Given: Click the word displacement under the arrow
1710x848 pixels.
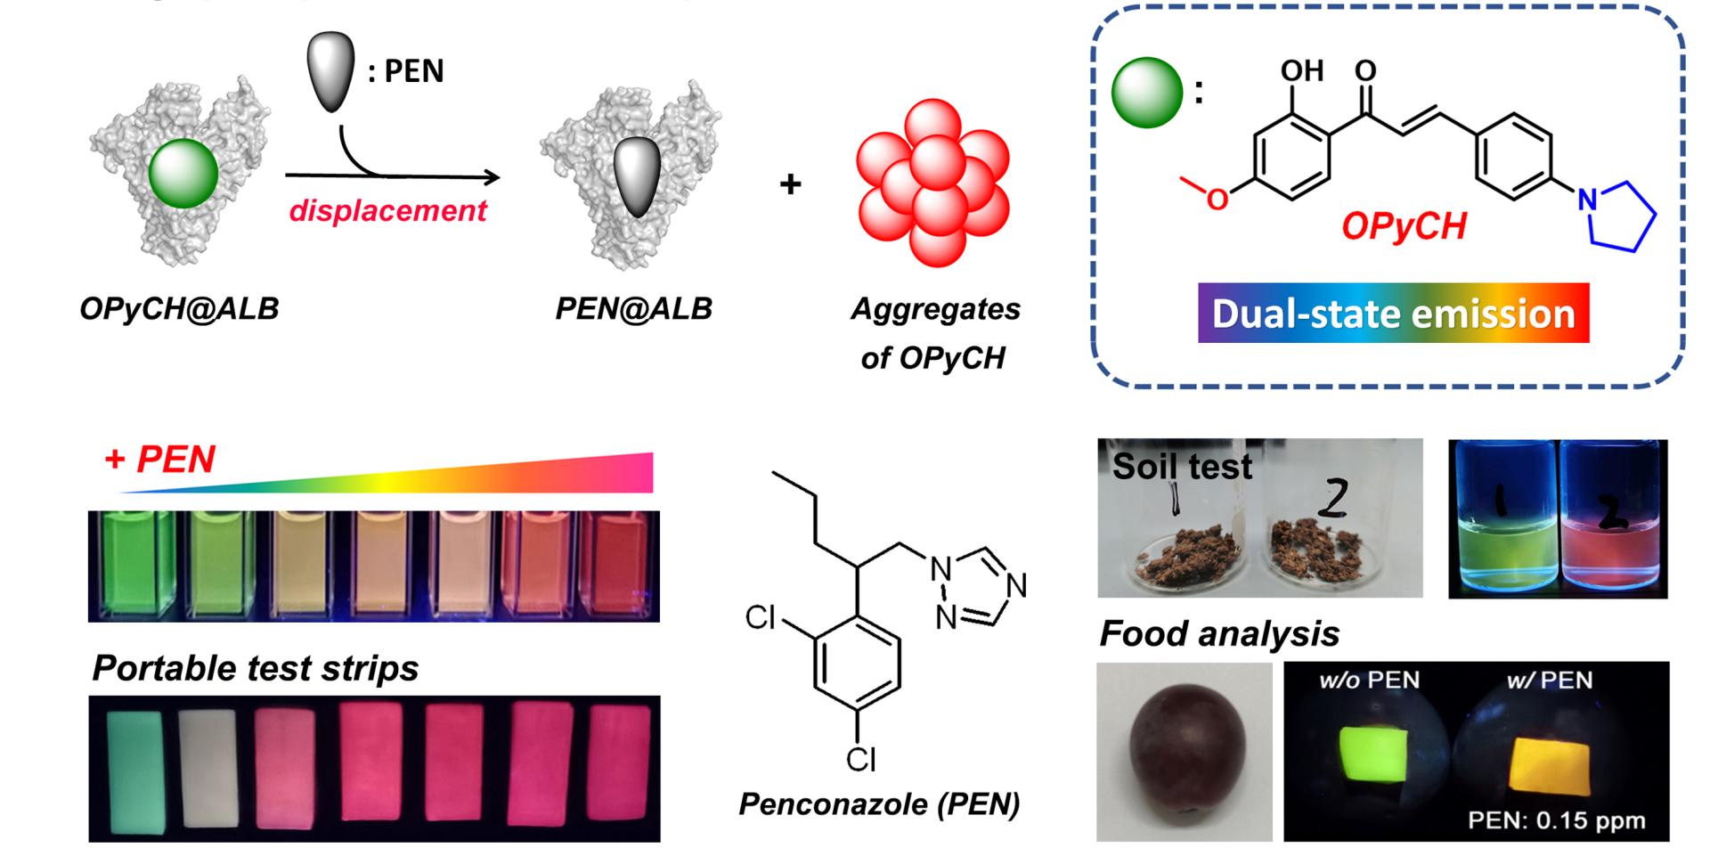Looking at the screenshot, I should [387, 211].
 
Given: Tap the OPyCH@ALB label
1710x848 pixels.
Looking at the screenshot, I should [179, 309].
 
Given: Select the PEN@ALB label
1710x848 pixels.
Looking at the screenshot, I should [633, 309].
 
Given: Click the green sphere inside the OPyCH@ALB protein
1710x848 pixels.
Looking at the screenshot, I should [183, 174].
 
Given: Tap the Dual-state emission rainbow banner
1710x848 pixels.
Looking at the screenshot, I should [1393, 314].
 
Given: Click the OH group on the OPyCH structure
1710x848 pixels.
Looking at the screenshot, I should [1302, 70].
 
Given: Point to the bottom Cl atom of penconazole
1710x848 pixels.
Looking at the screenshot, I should [860, 759].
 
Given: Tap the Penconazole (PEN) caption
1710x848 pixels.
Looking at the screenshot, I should [879, 804].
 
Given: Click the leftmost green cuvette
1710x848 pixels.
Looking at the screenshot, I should [133, 566].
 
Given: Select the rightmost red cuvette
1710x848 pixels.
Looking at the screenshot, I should [620, 566].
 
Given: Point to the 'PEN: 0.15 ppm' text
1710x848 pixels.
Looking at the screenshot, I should [1556, 819].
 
